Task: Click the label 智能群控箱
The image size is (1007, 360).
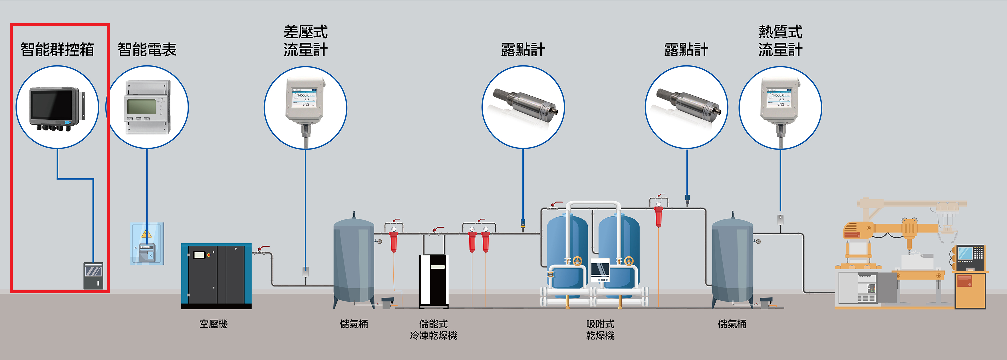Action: click(57, 50)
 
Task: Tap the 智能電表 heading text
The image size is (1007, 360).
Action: click(147, 50)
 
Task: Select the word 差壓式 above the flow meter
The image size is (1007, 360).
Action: click(305, 32)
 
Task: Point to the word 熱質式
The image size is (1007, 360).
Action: click(780, 32)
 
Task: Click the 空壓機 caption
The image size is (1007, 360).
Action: click(214, 324)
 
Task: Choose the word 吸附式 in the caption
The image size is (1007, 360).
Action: click(600, 324)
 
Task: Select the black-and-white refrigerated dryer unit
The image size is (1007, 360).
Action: click(434, 280)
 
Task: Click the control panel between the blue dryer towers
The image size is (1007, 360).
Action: click(600, 270)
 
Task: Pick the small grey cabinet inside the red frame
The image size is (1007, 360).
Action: click(93, 275)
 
